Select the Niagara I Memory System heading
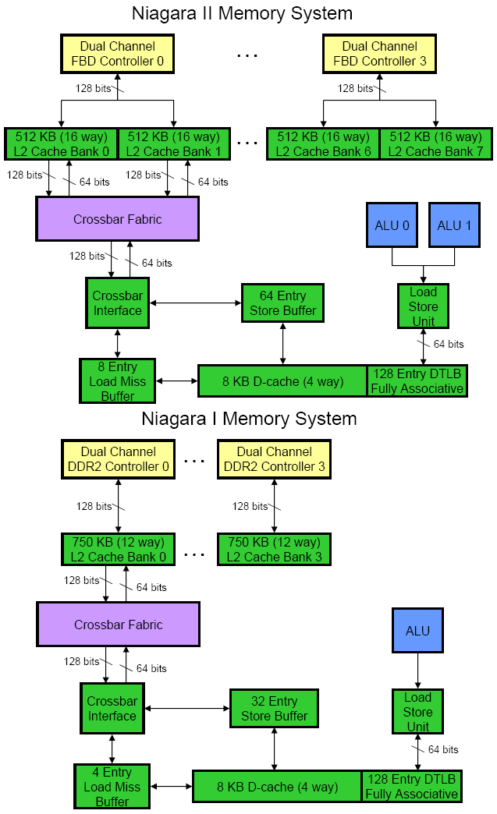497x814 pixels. coord(248,419)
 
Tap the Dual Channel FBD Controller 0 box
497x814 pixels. coord(117,54)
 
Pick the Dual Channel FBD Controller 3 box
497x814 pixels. coord(379,54)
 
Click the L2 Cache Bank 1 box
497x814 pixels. coord(173,144)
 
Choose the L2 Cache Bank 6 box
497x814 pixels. coord(323,144)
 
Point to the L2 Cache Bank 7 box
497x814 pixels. coord(435,144)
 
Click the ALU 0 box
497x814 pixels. coord(392,226)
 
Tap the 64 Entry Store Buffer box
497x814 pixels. coord(282,303)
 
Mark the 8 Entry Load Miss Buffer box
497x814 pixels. coord(117,381)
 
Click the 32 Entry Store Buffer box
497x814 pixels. coord(274,709)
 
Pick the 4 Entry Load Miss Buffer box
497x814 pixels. coord(112,786)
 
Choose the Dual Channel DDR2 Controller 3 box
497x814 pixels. coord(273,459)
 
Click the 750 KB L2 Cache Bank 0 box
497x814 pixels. coord(118,550)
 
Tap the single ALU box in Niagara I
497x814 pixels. coord(417,631)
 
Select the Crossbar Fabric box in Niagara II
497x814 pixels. coord(117,219)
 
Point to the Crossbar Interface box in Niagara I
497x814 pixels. coord(112,709)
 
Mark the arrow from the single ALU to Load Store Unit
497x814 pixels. coord(417,671)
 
